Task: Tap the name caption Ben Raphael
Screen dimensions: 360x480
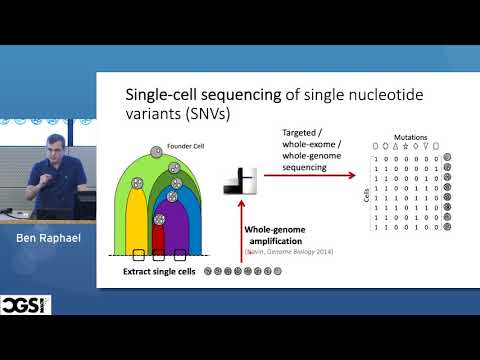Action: (x=47, y=240)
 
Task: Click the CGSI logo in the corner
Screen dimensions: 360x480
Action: (x=25, y=304)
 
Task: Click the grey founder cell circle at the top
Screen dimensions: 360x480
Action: (x=155, y=151)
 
